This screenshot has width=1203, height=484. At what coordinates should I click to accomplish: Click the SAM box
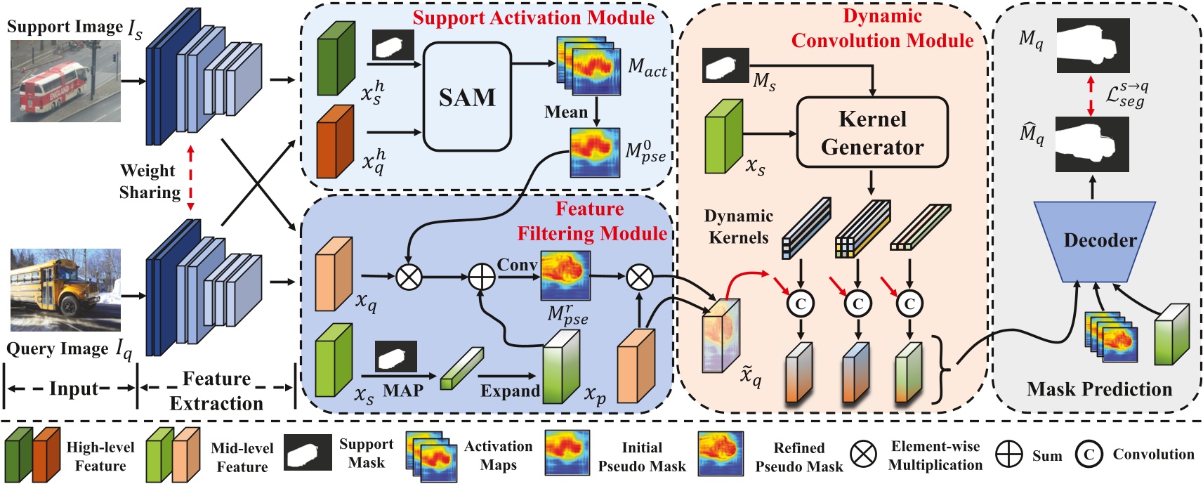pos(467,96)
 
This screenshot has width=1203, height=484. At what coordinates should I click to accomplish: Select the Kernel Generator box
pos(872,133)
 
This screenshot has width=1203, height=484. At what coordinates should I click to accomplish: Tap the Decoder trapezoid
pos(1099,241)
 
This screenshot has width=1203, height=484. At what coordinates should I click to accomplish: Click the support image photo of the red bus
pos(65,81)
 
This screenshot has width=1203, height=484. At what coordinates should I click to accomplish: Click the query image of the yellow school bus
pos(65,289)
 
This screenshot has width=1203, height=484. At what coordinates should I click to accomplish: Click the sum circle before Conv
pos(482,277)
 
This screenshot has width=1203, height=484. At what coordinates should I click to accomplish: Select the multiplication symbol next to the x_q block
pos(409,277)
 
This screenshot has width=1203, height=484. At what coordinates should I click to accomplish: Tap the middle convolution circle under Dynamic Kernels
pos(857,303)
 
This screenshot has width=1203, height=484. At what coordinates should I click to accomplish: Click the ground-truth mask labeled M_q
pos(1093,46)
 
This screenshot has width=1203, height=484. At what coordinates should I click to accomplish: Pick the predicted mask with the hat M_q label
pos(1093,144)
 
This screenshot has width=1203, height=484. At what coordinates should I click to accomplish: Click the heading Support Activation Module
pos(533,18)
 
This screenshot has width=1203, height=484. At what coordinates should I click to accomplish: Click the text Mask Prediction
pos(1099,389)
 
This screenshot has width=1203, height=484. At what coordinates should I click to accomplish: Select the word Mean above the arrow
pos(566,112)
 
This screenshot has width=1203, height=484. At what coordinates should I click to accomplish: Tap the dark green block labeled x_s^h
pos(336,58)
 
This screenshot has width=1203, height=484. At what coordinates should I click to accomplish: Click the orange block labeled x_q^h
pos(336,141)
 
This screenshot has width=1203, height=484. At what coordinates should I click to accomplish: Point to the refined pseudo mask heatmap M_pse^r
pos(565,276)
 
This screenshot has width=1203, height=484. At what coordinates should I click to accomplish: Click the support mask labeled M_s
pos(725,65)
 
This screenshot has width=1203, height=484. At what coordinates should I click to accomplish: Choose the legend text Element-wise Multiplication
pos(935,455)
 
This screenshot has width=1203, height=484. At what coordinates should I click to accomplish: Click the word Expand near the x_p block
pos(510,391)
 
